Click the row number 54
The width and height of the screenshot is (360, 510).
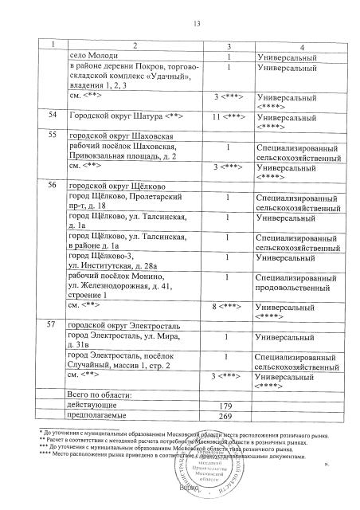[x=52, y=116]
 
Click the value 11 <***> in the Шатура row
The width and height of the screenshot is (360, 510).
[x=228, y=116]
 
